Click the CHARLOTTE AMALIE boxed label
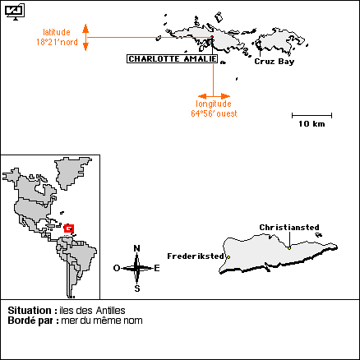point(173,59)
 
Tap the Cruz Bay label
point(275,62)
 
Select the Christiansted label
point(289,228)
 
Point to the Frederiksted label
point(196,256)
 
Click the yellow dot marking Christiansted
point(289,248)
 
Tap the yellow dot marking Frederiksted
point(228,257)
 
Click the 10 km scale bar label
point(312,124)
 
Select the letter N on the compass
point(136,248)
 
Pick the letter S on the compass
point(137,288)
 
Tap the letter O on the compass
point(117,268)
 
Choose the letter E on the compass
point(157,268)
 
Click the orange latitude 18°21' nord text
point(57,37)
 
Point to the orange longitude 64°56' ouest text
point(214,108)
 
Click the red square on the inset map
point(69,228)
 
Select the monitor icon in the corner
point(15,12)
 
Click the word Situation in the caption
point(30,311)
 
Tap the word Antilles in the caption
point(111,311)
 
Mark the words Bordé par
point(33,321)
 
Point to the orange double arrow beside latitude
point(85,37)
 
